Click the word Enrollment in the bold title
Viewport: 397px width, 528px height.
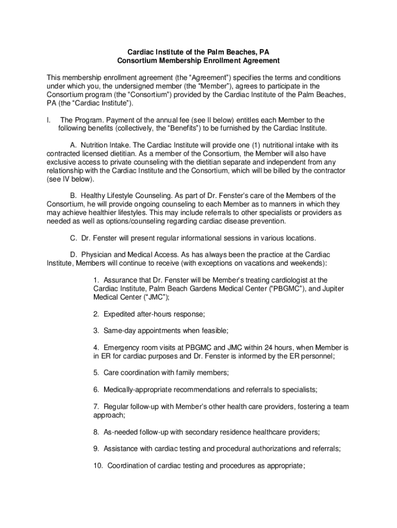point(209,60)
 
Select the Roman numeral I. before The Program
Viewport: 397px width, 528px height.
point(48,120)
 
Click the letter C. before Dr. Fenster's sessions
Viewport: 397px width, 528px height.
point(73,238)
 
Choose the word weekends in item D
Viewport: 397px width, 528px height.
point(305,263)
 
